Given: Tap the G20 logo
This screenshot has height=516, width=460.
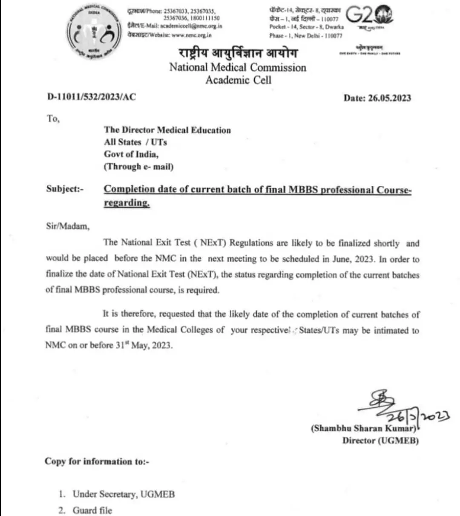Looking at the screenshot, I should (x=369, y=17).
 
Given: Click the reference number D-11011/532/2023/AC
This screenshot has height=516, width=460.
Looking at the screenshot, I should (x=92, y=97).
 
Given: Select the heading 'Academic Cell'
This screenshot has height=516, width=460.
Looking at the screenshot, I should (x=238, y=80).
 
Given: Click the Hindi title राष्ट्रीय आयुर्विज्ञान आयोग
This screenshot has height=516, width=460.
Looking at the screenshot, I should (x=238, y=53).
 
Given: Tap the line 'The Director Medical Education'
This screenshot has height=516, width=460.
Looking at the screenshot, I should (x=167, y=130).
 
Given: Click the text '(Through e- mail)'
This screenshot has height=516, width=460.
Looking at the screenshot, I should (x=138, y=167).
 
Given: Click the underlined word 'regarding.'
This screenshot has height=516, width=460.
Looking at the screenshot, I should (x=127, y=203).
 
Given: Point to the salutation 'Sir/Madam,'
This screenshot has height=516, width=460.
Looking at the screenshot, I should (x=68, y=226).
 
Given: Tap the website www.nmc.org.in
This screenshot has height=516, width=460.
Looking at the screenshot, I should (x=191, y=35).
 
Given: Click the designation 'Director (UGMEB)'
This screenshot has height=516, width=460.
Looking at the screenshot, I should (x=380, y=441).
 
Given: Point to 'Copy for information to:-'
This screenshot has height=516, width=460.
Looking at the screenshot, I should (x=97, y=461).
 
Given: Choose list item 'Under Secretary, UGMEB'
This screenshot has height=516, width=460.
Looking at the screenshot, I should (x=124, y=494).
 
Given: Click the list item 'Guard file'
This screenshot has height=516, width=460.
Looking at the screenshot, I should (x=92, y=510).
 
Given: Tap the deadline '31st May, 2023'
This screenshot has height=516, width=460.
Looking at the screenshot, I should (x=144, y=345).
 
